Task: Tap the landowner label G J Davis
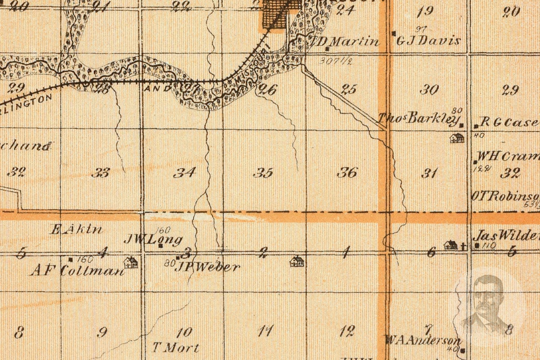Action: pos(428,40)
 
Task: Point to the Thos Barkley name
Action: pos(419,118)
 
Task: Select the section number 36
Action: pos(347,173)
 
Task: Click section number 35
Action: pos(263,173)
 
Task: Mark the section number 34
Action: pos(185,173)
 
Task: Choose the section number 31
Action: pos(429,173)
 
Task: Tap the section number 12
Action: pos(347,330)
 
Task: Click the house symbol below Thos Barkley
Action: pos(457,138)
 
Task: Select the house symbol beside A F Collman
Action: pos(131,262)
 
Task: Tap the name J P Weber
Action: pos(207,267)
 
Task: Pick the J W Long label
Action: pos(153,239)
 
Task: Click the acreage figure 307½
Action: pos(335,61)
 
